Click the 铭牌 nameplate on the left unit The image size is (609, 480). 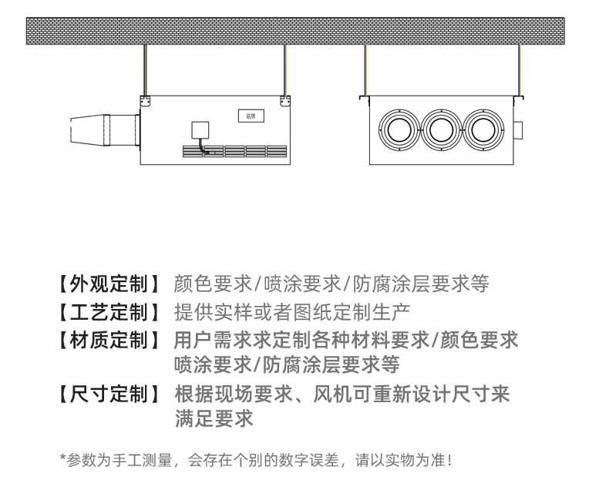point(250,116)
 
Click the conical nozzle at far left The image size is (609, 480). point(93,129)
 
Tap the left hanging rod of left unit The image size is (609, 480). point(144,69)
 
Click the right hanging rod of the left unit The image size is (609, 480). point(285,69)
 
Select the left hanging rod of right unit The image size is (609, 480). point(365,69)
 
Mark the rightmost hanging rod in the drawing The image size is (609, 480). point(520,69)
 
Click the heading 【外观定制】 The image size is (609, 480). point(109,284)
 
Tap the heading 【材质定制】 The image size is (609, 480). point(109,340)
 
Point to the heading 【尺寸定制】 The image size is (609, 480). point(109,395)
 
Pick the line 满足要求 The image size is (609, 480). point(214,419)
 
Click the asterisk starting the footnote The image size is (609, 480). point(63,459)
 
